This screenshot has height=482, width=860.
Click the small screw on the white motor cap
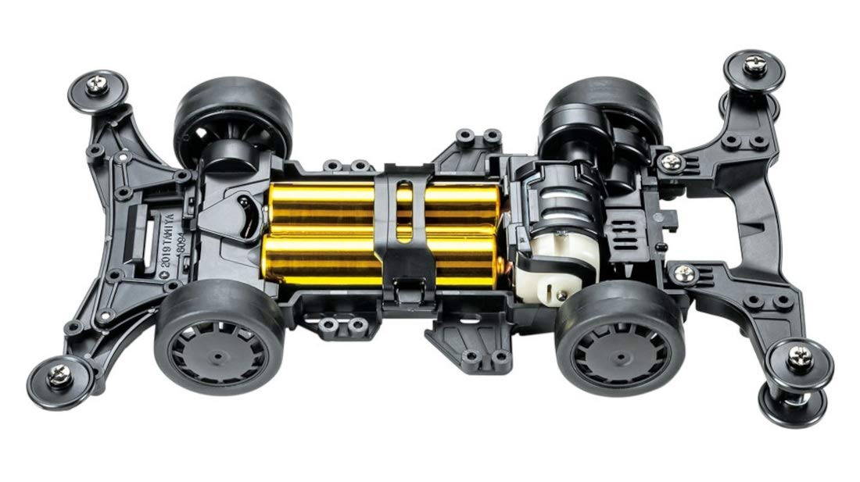(561, 295)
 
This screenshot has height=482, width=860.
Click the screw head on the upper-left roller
(97, 85)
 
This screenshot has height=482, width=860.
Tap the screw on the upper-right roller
(754, 65)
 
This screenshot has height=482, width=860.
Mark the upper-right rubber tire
(602, 105)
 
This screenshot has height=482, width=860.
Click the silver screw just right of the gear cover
(670, 162)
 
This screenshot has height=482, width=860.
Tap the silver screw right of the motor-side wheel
(683, 273)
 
